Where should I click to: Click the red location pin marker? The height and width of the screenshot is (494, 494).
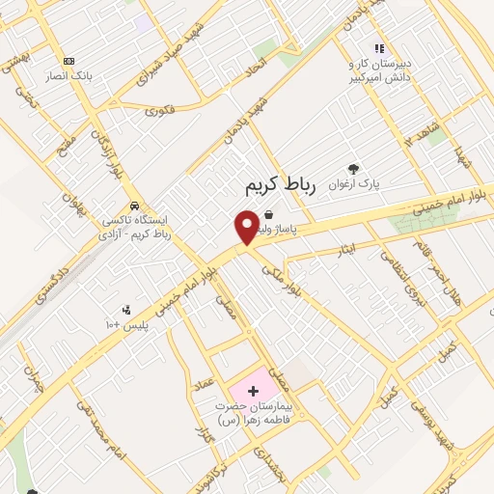[x=246, y=227]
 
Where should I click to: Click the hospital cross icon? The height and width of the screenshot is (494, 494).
[x=253, y=391]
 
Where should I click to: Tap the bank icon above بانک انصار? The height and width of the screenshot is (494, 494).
[x=68, y=60]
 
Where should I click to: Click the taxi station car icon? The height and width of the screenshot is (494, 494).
[x=137, y=206]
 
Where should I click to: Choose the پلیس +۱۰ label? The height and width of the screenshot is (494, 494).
[x=126, y=326]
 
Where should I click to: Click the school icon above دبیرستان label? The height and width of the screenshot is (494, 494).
[x=379, y=47]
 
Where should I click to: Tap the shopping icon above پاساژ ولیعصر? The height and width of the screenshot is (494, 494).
[x=267, y=214]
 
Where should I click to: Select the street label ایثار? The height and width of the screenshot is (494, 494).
[x=343, y=252]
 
